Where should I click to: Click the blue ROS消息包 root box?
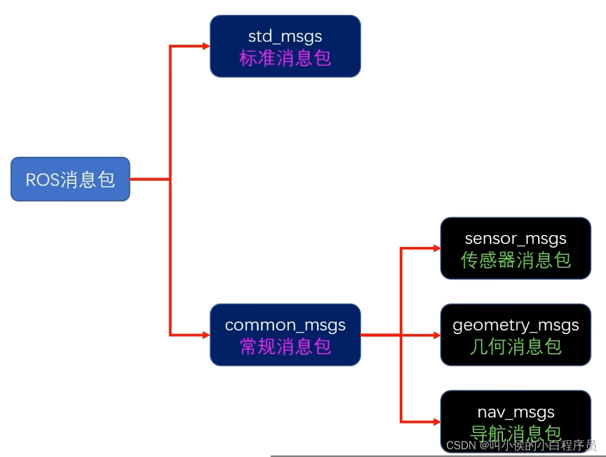70,179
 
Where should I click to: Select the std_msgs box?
285,46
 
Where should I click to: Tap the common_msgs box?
285,335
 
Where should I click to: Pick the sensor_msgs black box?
515,248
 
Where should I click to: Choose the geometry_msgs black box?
515,335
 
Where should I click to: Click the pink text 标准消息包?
285,58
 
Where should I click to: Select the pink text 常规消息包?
285,346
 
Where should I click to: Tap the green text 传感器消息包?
515,260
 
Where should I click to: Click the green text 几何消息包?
515,346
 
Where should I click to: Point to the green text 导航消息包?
515,433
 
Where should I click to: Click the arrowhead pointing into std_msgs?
206,46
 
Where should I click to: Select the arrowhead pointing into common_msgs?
206,335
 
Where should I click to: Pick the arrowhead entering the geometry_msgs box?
436,335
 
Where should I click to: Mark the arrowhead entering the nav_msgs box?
436,422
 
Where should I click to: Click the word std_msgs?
285,36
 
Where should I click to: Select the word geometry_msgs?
515,325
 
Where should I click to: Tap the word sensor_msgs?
515,239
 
